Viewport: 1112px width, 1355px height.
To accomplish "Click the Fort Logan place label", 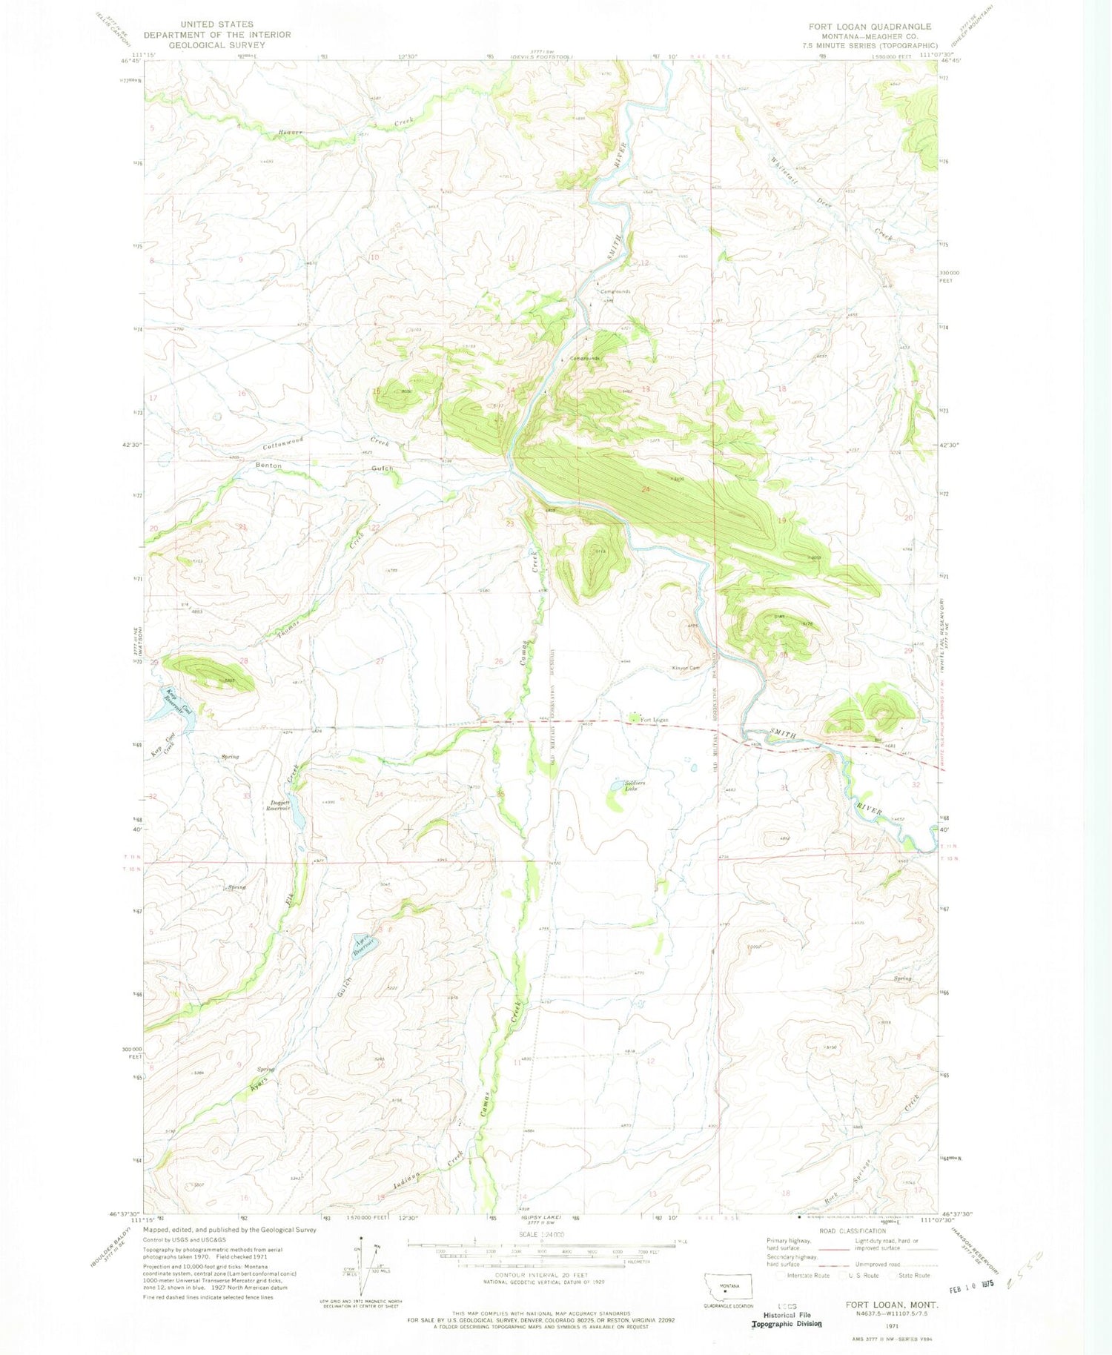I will pyautogui.click(x=654, y=720).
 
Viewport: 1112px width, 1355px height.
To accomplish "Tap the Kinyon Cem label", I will pyautogui.click(x=686, y=668).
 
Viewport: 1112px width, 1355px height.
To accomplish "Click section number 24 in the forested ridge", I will pyautogui.click(x=646, y=489).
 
